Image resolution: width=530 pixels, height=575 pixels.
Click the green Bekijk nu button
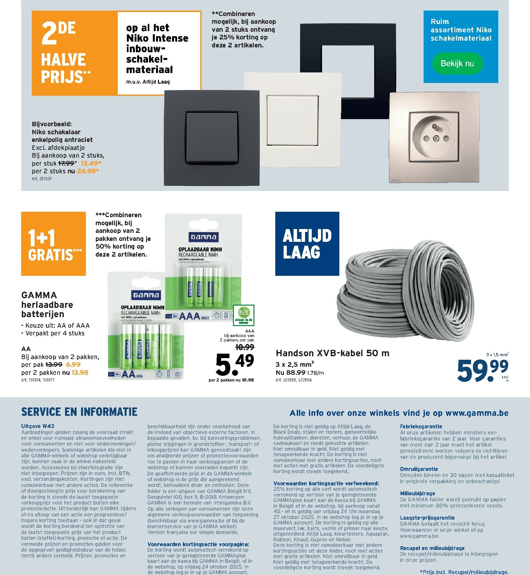click(x=457, y=63)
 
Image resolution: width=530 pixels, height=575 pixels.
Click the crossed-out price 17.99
click(x=66, y=163)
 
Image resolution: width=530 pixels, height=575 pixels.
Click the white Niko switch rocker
click(x=292, y=120)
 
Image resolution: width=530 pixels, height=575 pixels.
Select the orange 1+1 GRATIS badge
click(x=54, y=244)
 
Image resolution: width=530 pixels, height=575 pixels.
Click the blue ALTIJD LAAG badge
click(x=307, y=244)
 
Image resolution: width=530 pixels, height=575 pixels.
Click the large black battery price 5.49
click(x=235, y=364)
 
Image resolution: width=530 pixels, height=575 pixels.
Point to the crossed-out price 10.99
click(x=244, y=347)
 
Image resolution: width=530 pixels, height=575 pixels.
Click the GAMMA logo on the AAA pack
click(x=203, y=237)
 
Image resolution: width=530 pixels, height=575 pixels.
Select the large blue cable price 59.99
click(x=482, y=370)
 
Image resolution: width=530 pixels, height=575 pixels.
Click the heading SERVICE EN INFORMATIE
click(x=79, y=412)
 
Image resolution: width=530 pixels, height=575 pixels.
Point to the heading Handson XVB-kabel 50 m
click(x=332, y=353)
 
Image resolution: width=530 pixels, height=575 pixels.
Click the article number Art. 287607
click(x=42, y=179)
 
